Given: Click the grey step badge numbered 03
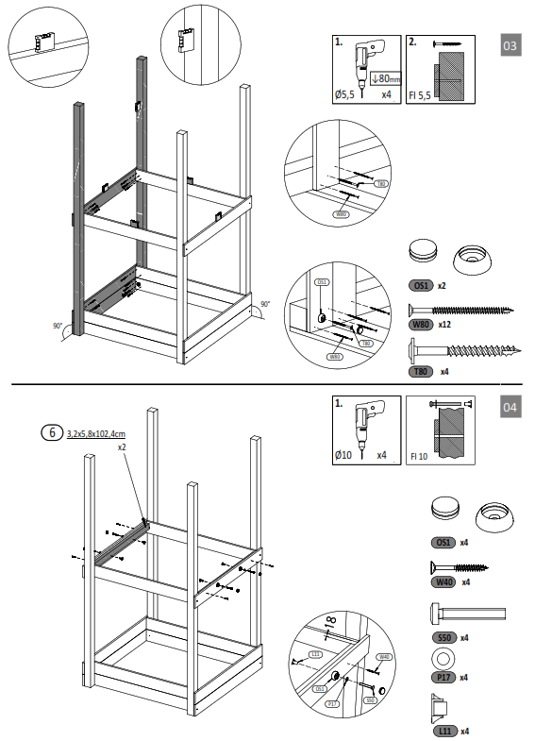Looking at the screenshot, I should click(x=510, y=45).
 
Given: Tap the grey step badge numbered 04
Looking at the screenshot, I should click(x=510, y=408).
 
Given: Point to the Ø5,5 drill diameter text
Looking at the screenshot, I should click(x=346, y=94).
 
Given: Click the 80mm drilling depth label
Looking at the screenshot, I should click(x=387, y=78).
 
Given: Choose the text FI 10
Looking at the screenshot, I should click(x=418, y=456).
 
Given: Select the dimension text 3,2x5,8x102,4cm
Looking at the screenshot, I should click(x=96, y=433).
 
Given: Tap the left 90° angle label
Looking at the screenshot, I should click(x=59, y=326).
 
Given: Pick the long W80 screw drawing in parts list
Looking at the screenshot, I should click(x=460, y=309).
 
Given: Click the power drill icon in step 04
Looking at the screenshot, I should click(x=361, y=422).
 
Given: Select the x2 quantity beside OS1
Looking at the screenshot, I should click(x=442, y=284).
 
